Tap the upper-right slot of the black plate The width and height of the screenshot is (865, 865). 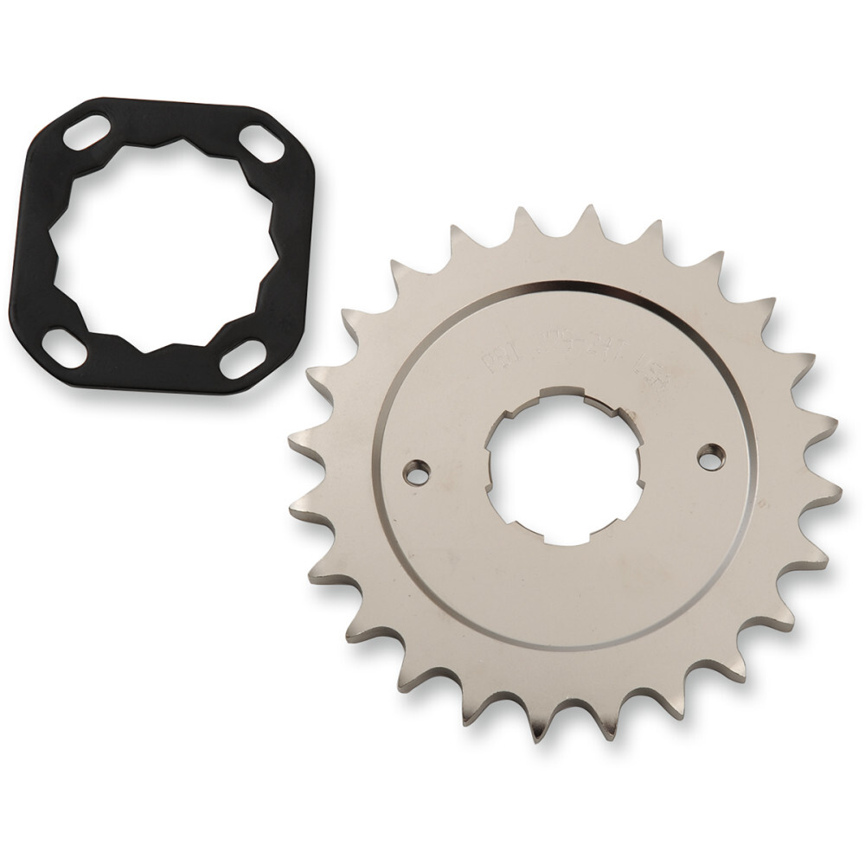coord(262,144)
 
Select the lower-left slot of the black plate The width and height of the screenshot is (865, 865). coord(64,347)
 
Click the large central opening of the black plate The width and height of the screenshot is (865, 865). coord(164,244)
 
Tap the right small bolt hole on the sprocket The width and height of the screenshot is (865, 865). coord(711,457)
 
